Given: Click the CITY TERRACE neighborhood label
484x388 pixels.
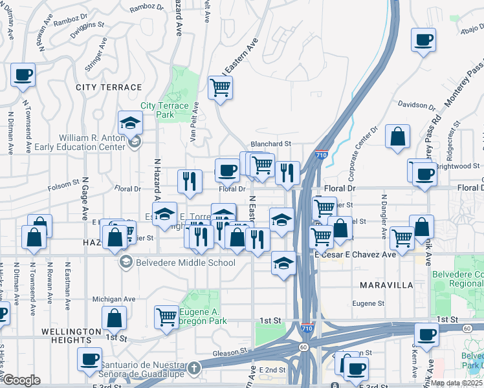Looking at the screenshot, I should click(x=109, y=87).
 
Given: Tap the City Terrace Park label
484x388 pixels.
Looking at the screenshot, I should click(x=165, y=110).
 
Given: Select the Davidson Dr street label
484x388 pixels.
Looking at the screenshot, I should click(x=417, y=105).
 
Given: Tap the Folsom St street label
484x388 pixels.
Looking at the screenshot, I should click(x=63, y=188).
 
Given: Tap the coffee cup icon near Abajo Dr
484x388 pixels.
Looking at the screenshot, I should click(x=423, y=40).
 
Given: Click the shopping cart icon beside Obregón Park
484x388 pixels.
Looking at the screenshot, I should click(x=167, y=317).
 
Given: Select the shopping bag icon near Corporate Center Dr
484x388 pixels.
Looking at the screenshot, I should click(x=397, y=136).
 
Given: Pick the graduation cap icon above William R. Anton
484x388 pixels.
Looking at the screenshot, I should click(x=130, y=123).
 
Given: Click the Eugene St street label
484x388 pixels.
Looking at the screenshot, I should click(x=368, y=303).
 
